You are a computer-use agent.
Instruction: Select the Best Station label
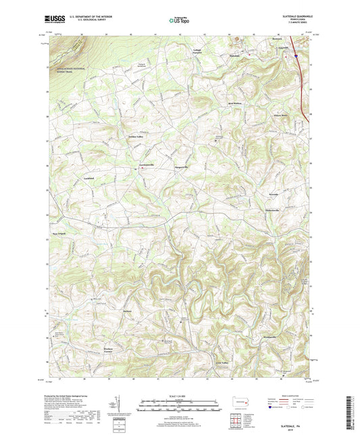click(234, 104)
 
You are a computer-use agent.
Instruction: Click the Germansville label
click(147, 165)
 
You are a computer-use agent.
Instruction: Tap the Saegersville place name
click(185, 165)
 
